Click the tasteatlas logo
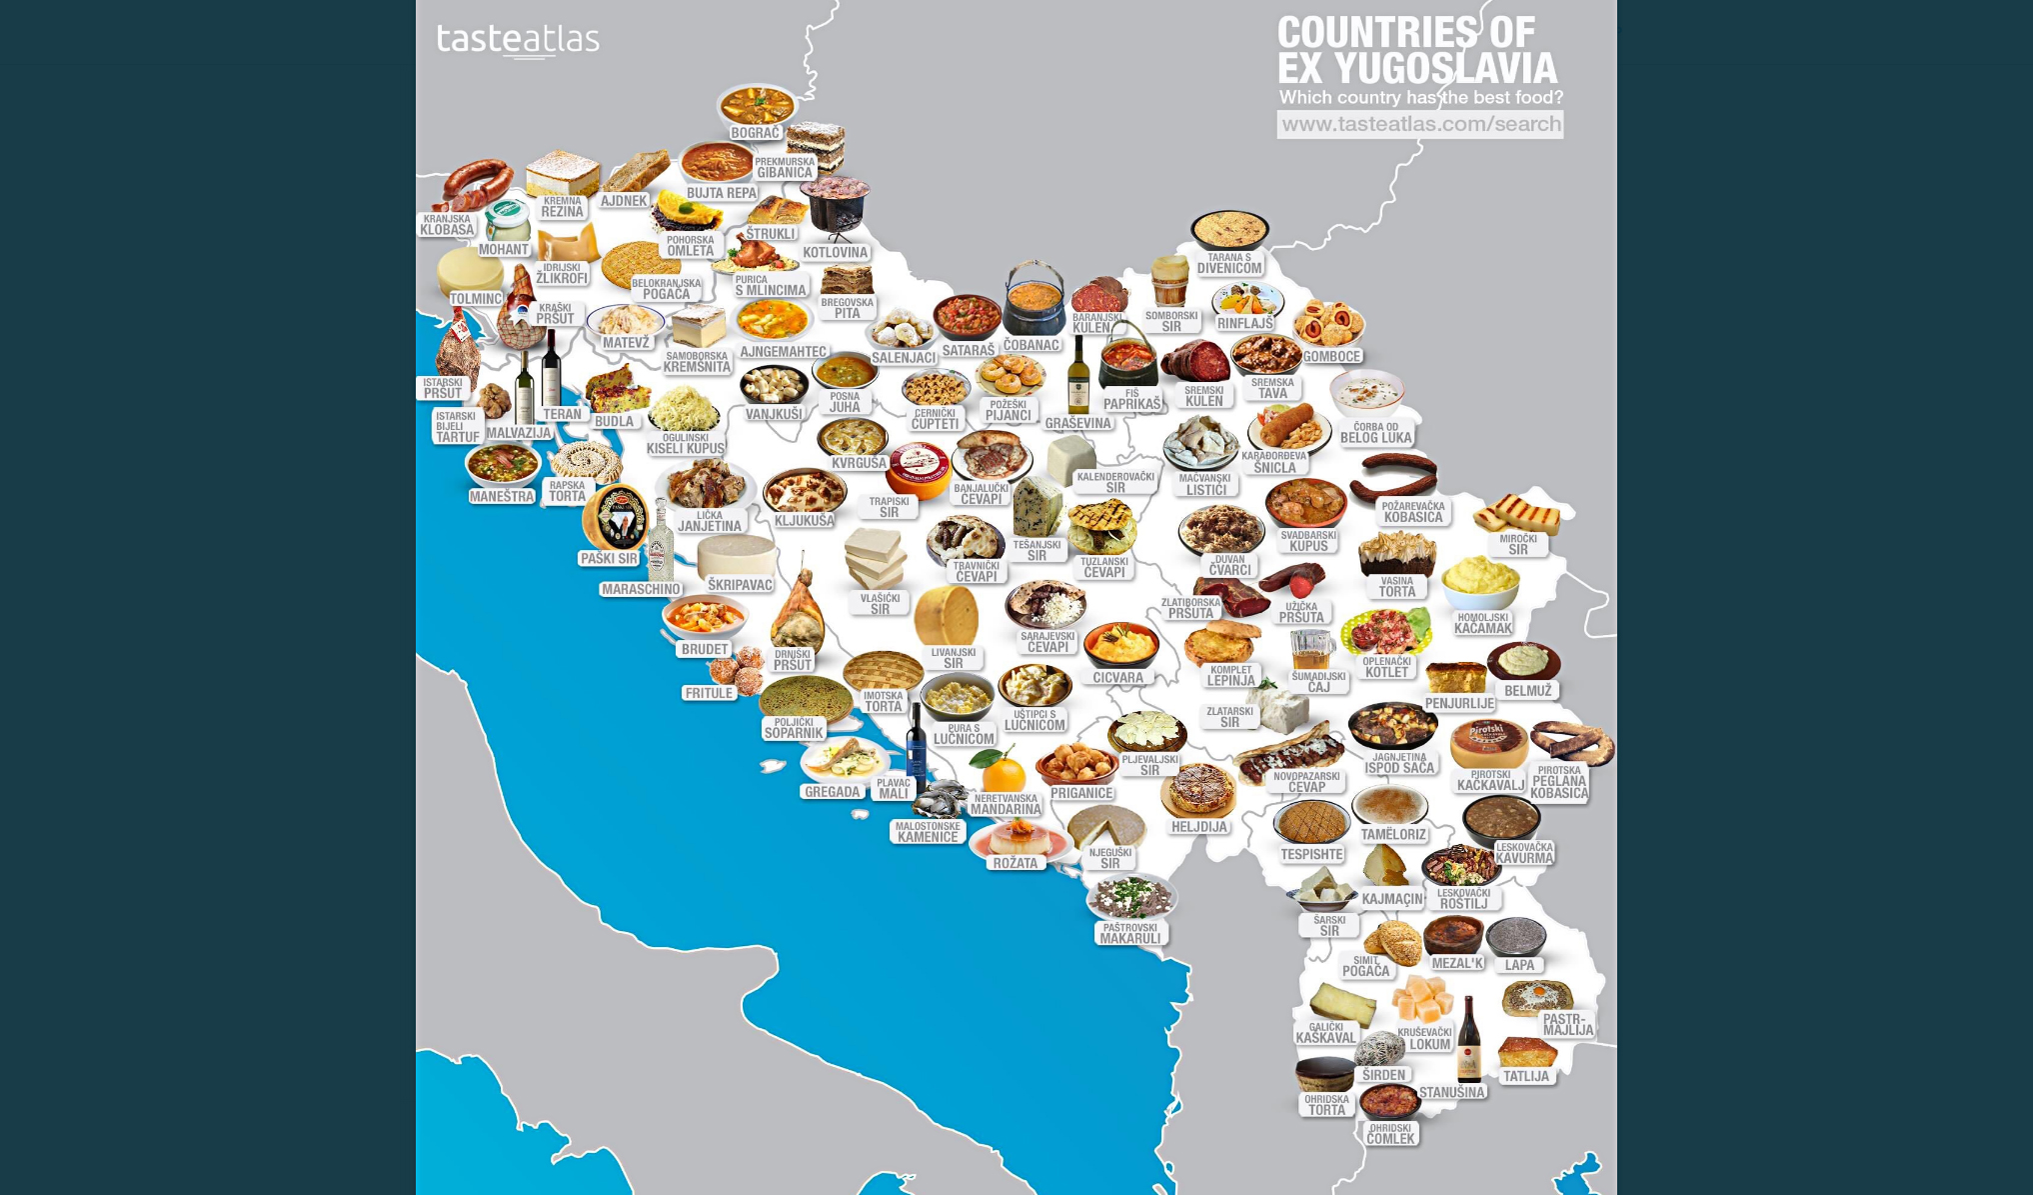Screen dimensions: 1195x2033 [x=518, y=40]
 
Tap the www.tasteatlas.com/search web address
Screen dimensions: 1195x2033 [x=1420, y=124]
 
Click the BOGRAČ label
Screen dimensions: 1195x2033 [x=755, y=133]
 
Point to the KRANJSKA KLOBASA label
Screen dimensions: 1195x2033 [x=447, y=225]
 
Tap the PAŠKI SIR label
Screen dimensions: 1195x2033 [x=609, y=559]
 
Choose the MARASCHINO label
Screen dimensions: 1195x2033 [x=641, y=589]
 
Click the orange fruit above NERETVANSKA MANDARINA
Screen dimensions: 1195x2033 [x=1001, y=771]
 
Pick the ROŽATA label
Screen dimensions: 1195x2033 [x=1015, y=863]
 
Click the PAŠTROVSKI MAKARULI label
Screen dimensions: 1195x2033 [x=1130, y=933]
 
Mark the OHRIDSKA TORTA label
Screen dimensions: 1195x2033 [x=1326, y=1105]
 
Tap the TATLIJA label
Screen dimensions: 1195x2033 [x=1526, y=1077]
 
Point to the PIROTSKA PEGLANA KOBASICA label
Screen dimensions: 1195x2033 [x=1559, y=783]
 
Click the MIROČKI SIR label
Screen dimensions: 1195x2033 [x=1518, y=544]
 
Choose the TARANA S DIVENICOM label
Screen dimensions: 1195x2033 [x=1229, y=263]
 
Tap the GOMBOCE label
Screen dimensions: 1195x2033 [x=1331, y=356]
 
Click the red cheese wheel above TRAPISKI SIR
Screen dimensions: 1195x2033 [x=919, y=467]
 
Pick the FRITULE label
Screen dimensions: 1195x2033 [x=709, y=693]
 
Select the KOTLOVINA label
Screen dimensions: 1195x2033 [x=836, y=252]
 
